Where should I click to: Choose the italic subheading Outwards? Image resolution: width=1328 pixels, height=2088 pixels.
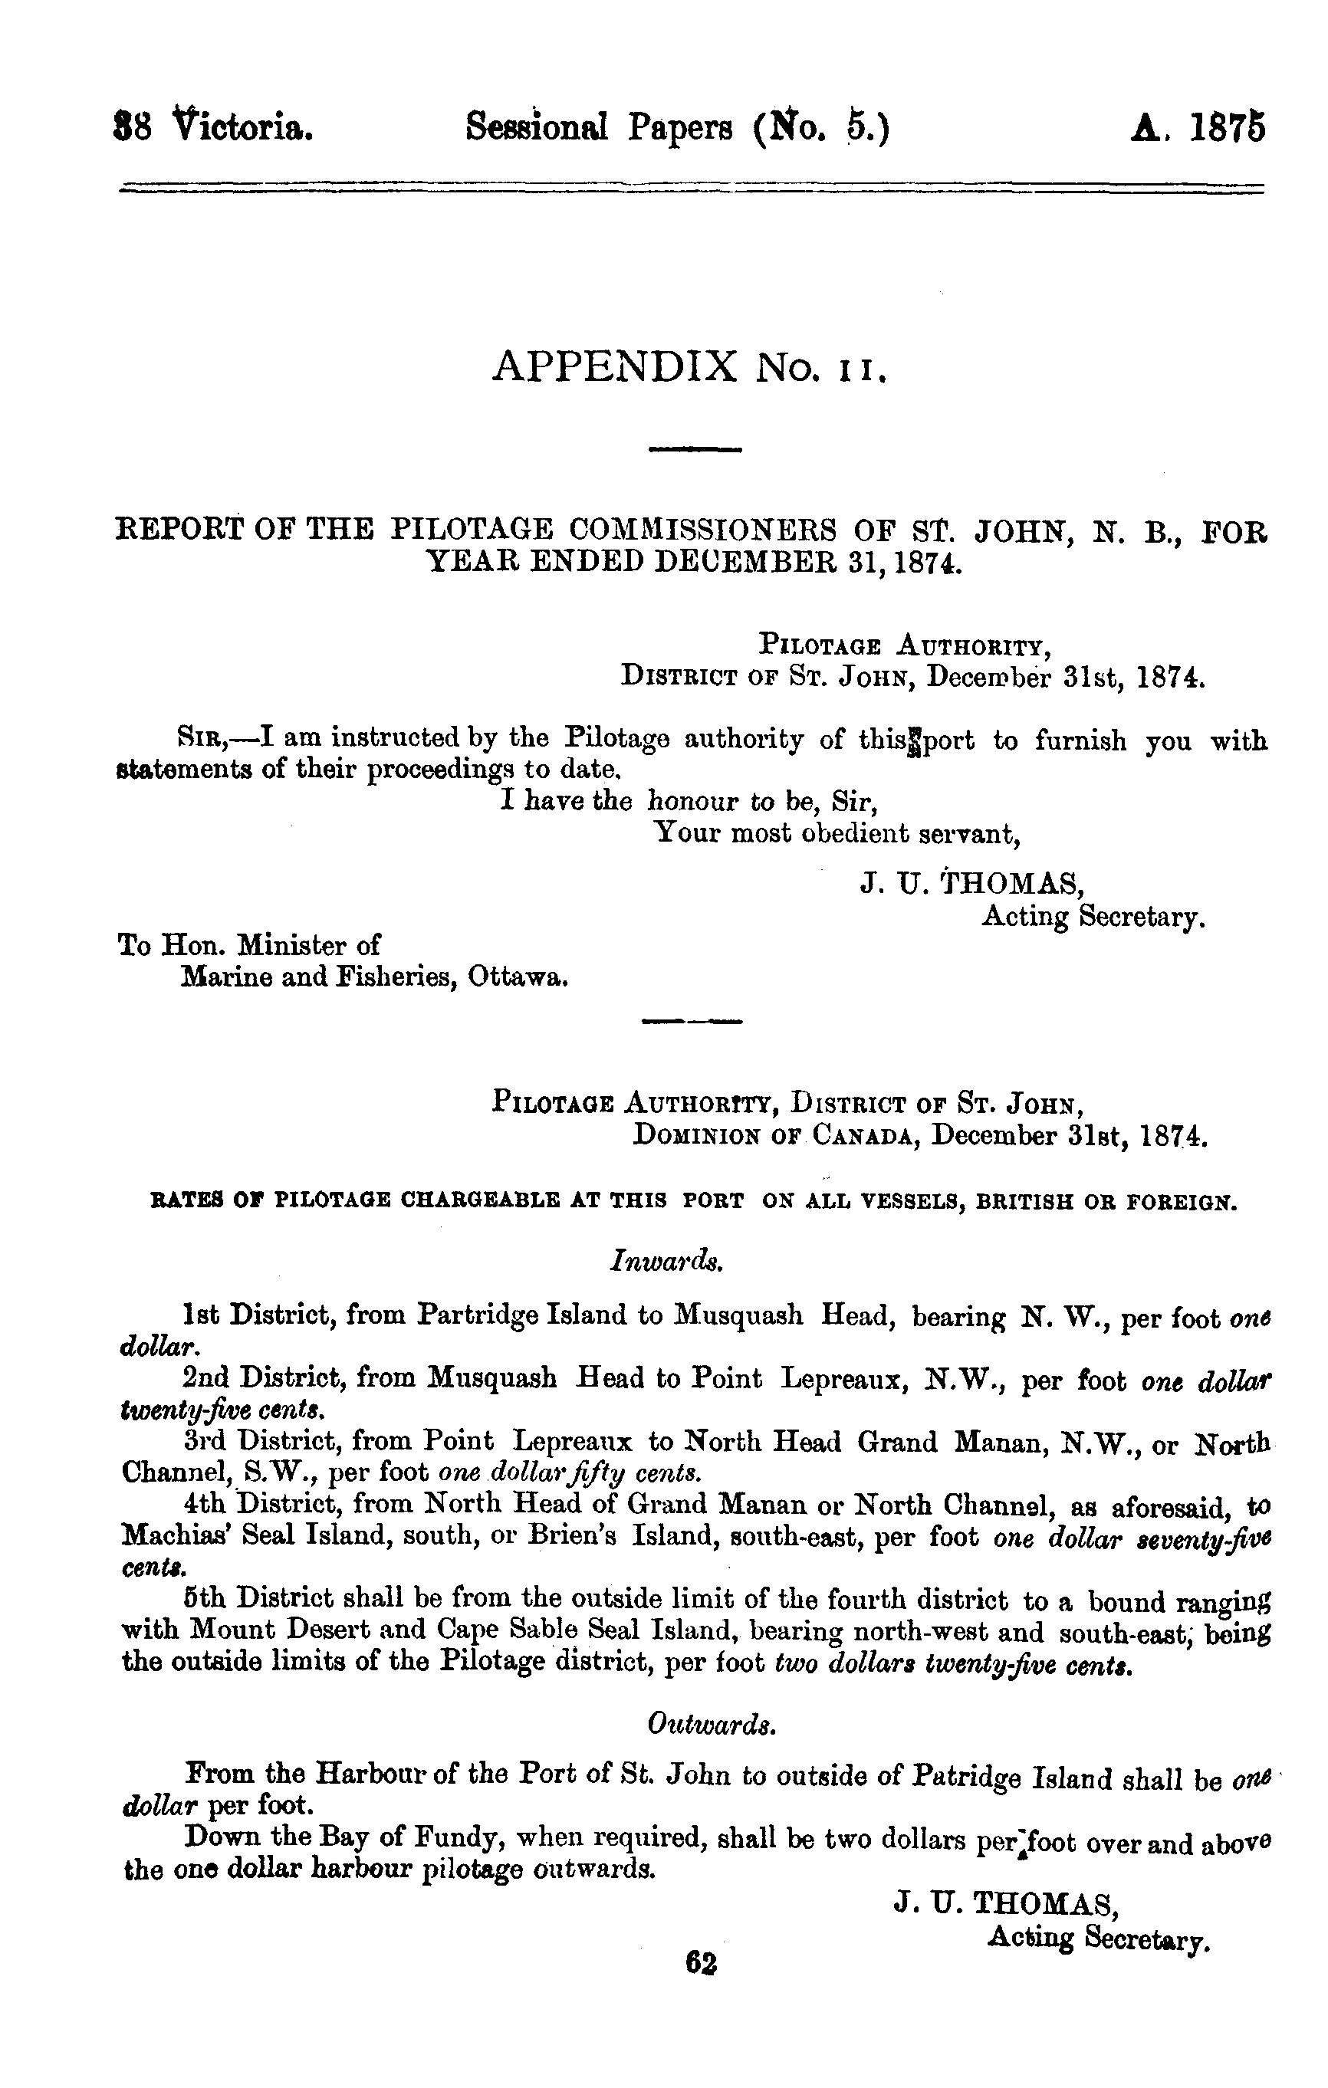712,1725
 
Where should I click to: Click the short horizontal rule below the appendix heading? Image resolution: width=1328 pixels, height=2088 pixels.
695,449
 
